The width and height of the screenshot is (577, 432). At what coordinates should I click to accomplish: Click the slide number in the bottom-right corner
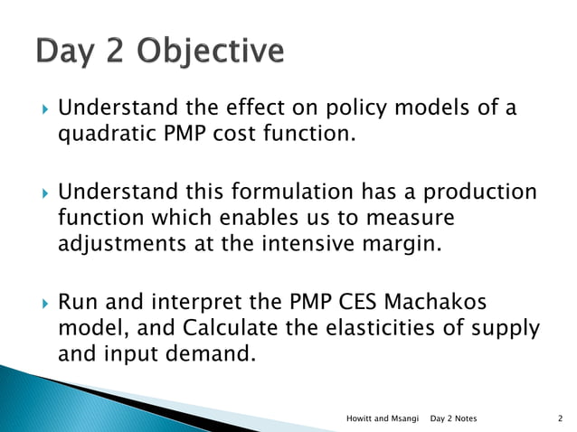tap(562, 418)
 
